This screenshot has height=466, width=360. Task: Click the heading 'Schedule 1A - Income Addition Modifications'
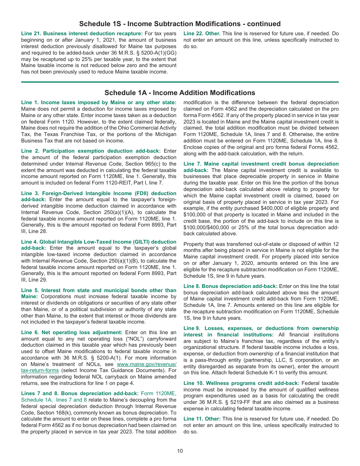coord(180,93)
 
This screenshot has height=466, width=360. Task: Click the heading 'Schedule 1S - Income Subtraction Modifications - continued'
coord(180,24)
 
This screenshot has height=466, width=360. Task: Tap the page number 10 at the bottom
coord(180,451)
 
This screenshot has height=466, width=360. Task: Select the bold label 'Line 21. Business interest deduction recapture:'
coord(82,34)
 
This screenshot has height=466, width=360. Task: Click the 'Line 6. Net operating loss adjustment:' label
coord(72,332)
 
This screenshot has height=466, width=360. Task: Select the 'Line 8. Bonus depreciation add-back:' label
coord(230,286)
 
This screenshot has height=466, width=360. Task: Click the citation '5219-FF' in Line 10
coord(254,402)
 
